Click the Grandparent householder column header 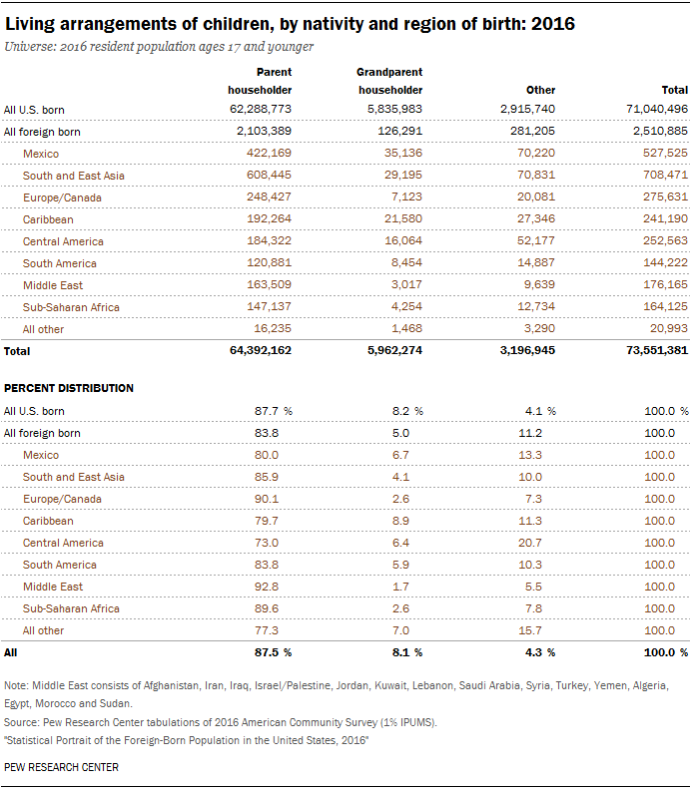click(389, 81)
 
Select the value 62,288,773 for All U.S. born click(261, 109)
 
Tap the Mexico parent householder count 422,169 click(269, 153)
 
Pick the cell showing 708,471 click(665, 175)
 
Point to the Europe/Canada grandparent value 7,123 click(406, 197)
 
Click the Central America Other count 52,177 click(536, 240)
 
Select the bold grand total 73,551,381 click(657, 350)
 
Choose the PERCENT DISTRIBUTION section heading click(69, 388)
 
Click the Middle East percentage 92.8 click(267, 587)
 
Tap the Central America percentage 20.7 click(530, 543)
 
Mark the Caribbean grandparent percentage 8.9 click(400, 521)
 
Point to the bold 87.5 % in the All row click(274, 652)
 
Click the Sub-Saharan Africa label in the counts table click(71, 307)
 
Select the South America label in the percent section click(60, 565)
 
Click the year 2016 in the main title click(553, 24)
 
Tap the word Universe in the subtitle click(28, 47)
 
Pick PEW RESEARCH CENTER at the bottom click(61, 767)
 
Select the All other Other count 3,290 click(539, 328)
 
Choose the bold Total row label click(17, 351)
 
